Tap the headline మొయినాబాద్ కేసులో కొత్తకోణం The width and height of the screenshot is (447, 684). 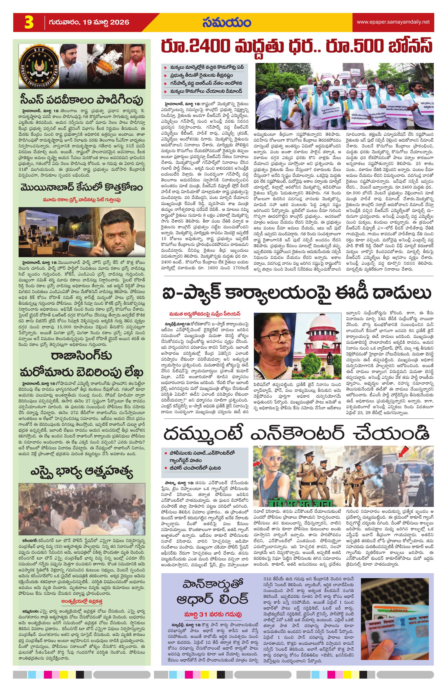82,188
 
